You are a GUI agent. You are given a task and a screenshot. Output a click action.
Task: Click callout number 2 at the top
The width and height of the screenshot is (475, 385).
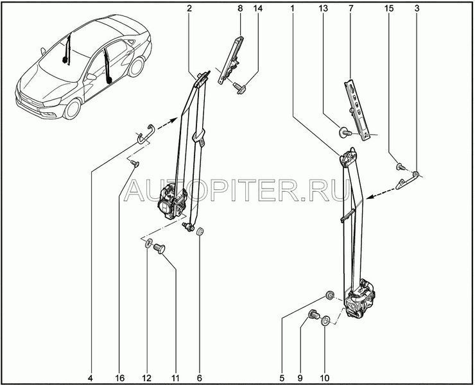click(189, 9)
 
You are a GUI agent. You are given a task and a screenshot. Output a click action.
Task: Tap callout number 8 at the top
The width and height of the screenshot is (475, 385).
click(240, 9)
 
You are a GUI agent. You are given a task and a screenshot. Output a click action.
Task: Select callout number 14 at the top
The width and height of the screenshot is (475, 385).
click(258, 9)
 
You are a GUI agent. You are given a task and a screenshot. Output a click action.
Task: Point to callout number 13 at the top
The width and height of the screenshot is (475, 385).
click(324, 9)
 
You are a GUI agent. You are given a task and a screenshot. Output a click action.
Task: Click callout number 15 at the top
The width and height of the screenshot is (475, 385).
click(389, 9)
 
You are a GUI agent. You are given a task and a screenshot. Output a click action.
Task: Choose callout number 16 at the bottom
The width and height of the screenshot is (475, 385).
click(119, 378)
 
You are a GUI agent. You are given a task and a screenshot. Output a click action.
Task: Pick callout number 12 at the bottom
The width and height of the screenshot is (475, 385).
click(146, 378)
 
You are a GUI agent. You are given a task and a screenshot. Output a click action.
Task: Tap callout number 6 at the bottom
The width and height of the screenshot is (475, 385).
click(200, 378)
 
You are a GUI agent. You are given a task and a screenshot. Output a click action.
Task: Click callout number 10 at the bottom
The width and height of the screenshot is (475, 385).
click(324, 378)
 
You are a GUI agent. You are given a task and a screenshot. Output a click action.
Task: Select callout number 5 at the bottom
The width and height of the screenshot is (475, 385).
click(282, 378)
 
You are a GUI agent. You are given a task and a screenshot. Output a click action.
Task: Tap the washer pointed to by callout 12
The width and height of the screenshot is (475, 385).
click(148, 243)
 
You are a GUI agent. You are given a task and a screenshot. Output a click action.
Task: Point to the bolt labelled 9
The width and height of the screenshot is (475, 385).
click(313, 315)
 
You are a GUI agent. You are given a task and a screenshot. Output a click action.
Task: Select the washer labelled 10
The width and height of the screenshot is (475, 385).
click(325, 320)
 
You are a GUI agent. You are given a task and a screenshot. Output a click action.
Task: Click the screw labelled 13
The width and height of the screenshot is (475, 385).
click(345, 133)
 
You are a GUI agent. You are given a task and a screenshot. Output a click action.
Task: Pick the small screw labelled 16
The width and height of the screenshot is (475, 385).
click(135, 164)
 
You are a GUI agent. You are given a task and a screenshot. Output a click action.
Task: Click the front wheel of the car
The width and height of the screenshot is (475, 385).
click(73, 109)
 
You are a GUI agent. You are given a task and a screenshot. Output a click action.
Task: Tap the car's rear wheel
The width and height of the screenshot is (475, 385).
click(135, 67)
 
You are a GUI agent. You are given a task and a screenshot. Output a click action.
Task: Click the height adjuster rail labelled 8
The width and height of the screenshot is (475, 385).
click(232, 60)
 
